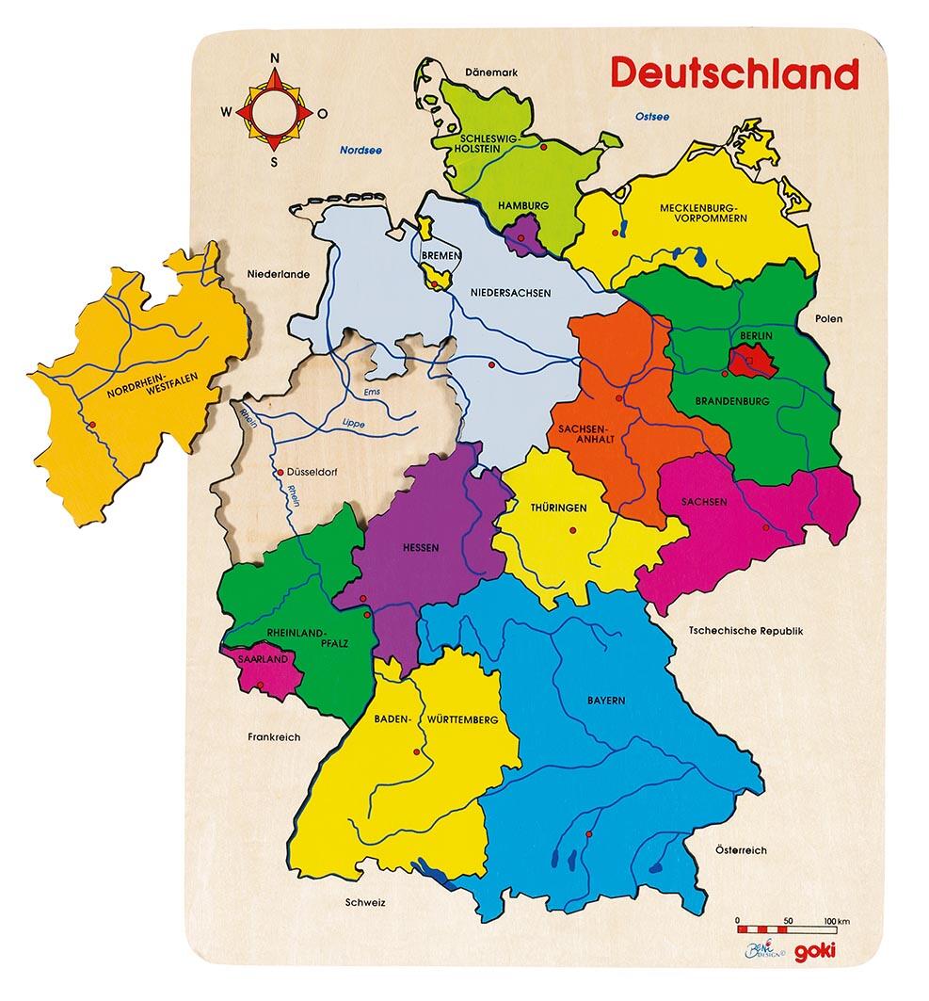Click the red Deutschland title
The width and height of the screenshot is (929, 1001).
click(735, 73)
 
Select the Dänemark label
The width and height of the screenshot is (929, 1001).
click(493, 72)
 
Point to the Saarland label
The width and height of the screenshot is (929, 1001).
click(264, 659)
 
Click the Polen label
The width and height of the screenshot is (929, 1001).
click(830, 319)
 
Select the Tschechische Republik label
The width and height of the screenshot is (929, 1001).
click(745, 631)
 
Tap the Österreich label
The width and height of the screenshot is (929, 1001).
click(741, 850)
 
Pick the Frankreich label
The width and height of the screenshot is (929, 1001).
click(274, 737)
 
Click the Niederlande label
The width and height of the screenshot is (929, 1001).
click(279, 275)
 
